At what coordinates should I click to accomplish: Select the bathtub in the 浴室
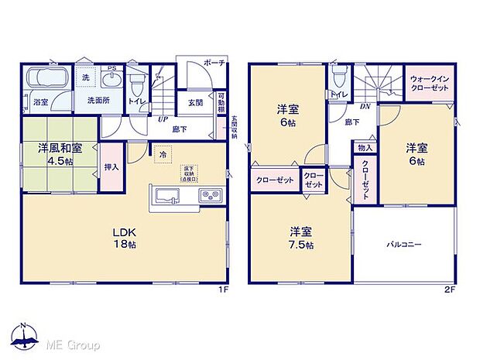pos(46,81)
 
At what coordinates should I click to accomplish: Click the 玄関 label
pos(195,102)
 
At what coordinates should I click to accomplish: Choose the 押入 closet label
pos(111,166)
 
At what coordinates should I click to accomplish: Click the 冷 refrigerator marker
pos(163,153)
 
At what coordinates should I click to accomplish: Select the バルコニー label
pos(403,244)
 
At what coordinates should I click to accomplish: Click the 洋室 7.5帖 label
pos(302,238)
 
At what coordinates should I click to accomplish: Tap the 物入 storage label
pos(365,147)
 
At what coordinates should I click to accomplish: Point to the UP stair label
pos(163,119)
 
